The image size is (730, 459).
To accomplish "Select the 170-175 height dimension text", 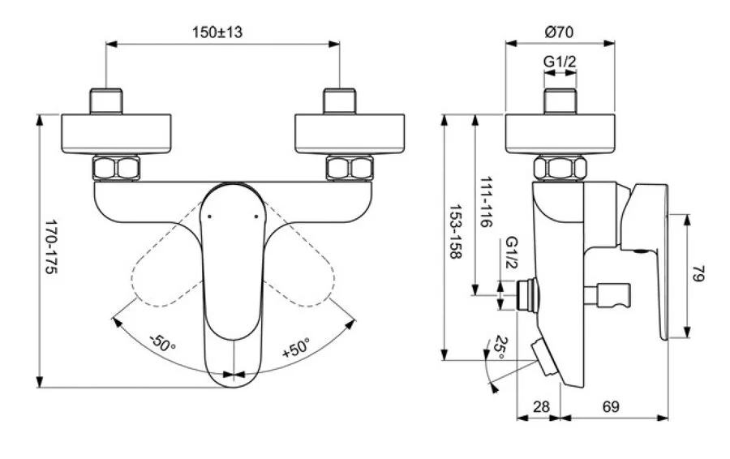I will (x=50, y=247).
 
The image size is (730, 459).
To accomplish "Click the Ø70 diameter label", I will (x=560, y=32).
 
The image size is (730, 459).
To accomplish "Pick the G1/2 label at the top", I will (x=560, y=61).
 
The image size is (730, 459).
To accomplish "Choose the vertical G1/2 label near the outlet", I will (x=511, y=254).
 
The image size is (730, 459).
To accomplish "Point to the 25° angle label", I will (x=502, y=347).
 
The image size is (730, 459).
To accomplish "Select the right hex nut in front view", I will (x=348, y=169).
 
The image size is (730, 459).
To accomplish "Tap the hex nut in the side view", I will (x=560, y=169).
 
